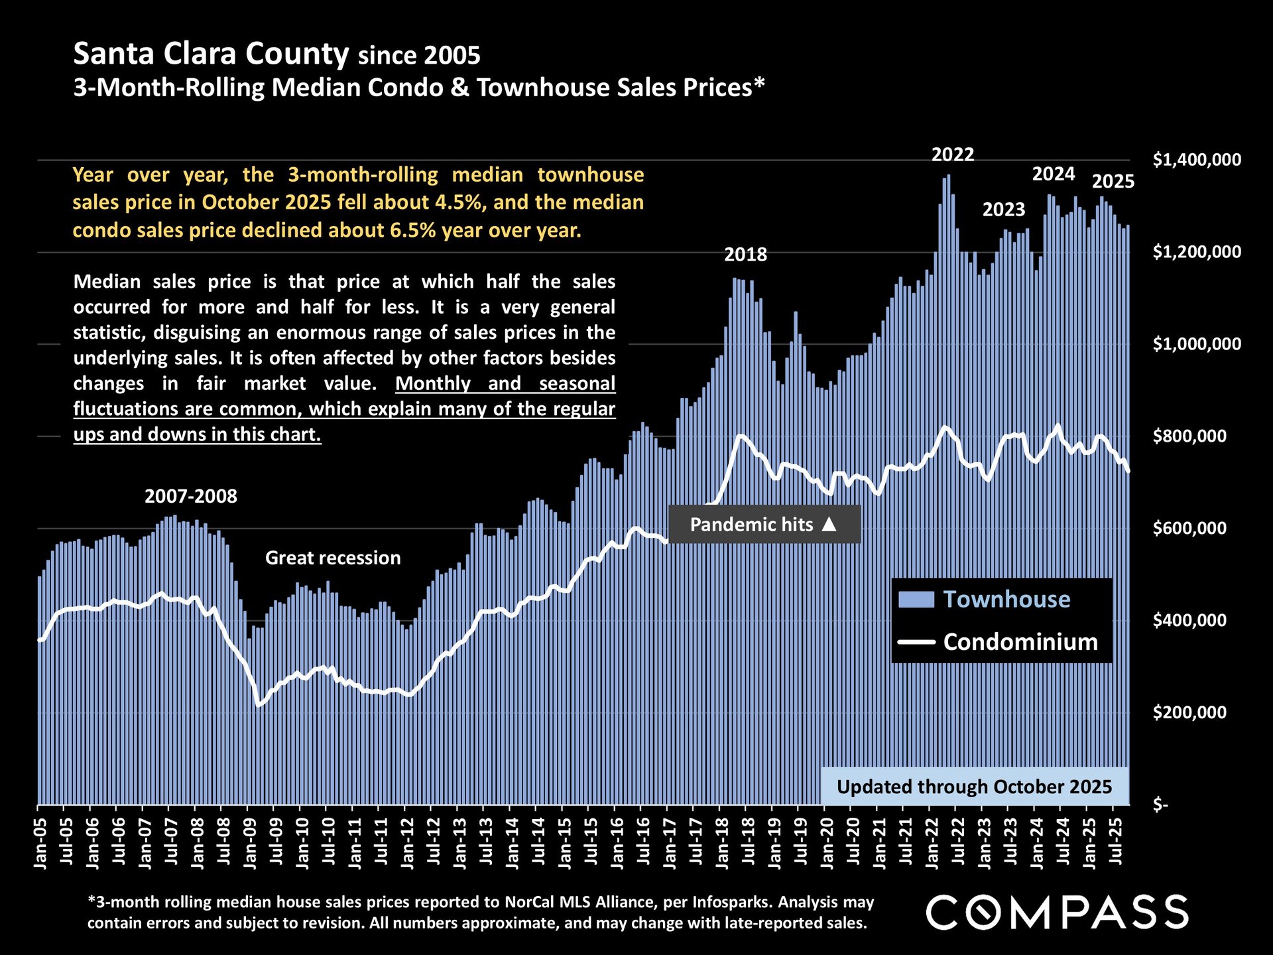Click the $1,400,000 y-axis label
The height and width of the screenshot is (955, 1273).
pyautogui.click(x=1197, y=160)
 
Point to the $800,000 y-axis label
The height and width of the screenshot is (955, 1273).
pyautogui.click(x=1189, y=436)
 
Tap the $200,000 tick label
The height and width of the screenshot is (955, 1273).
pyautogui.click(x=1189, y=713)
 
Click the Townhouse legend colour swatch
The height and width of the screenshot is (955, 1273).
pyautogui.click(x=916, y=600)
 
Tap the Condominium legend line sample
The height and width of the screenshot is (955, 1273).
pyautogui.click(x=916, y=642)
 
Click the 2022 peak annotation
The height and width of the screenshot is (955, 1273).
pyautogui.click(x=953, y=155)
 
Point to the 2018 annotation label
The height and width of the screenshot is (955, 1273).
pyautogui.click(x=745, y=255)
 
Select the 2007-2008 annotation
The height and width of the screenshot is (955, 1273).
pyautogui.click(x=191, y=497)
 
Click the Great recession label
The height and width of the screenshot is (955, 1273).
pyautogui.click(x=333, y=558)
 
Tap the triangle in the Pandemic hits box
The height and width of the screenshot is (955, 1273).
pyautogui.click(x=829, y=525)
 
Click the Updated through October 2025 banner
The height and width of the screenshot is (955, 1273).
pyautogui.click(x=974, y=787)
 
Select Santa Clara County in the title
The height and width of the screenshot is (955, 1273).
pyautogui.click(x=211, y=54)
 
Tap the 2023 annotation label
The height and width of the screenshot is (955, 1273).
pyautogui.click(x=1003, y=210)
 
